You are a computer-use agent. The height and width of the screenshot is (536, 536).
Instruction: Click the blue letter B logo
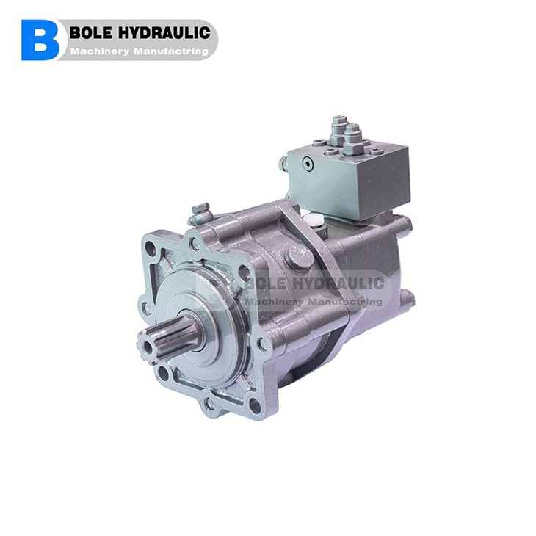click(40, 40)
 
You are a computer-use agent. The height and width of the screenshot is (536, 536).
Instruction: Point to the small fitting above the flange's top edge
click(199, 213)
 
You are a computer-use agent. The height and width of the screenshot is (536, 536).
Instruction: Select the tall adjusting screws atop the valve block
click(345, 132)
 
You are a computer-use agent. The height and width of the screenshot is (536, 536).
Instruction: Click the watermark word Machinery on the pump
click(275, 301)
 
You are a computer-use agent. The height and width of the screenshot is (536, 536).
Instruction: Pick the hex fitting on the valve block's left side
click(283, 165)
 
